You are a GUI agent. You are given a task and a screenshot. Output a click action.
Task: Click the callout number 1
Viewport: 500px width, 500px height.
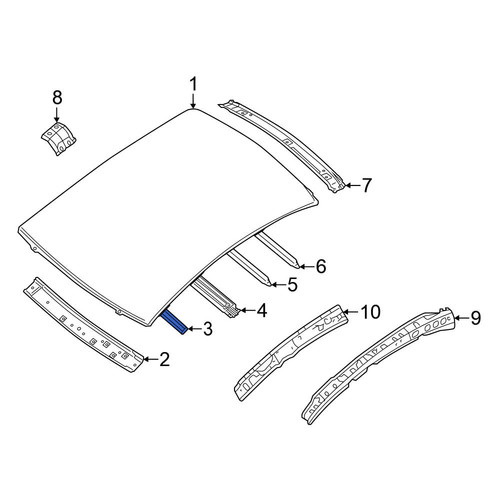pos(193,84)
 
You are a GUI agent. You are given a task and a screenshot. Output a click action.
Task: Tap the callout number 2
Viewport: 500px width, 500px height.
pos(165,359)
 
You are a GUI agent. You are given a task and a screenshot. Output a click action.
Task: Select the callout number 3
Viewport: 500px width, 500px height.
pos(207,329)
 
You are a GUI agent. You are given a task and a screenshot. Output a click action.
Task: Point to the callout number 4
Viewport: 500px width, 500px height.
pos(262,310)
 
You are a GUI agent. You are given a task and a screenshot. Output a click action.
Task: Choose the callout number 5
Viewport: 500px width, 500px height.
pos(292,285)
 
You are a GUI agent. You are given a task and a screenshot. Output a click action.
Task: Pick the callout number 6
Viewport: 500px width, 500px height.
pos(321,266)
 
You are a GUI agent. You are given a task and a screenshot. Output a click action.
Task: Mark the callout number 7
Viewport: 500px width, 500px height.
pos(366,185)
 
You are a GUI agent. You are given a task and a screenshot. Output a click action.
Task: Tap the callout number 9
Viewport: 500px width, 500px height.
pos(476,318)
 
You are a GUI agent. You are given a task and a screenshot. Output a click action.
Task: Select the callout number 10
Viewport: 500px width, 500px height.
pos(370,312)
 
